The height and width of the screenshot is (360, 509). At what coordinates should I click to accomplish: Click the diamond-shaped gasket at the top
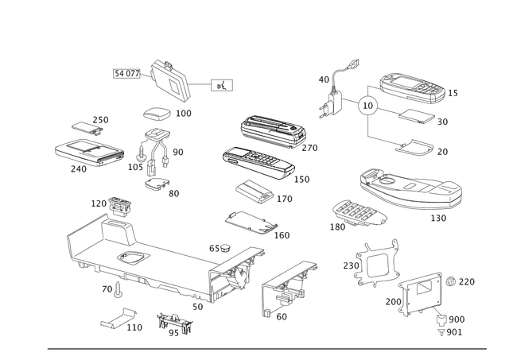[x=169, y=79]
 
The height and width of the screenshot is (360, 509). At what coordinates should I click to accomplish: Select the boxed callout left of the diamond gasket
[x=126, y=74]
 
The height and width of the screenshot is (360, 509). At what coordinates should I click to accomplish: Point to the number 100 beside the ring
[x=185, y=114]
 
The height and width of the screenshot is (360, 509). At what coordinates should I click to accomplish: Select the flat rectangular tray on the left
[x=88, y=151]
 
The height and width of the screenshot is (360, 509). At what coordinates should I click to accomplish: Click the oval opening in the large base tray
[x=130, y=258]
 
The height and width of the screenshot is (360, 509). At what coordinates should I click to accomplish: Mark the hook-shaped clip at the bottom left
[x=118, y=319]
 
